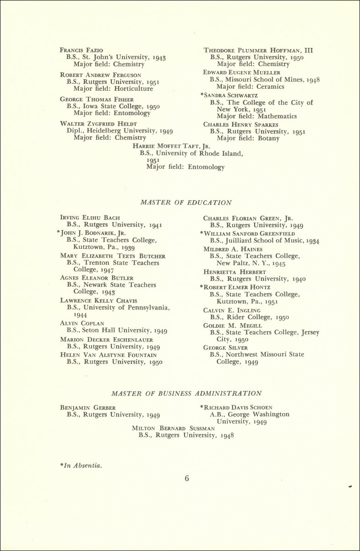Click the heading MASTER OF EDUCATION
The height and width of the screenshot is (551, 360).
[x=186, y=203]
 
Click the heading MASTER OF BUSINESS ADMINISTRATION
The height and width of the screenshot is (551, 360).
[x=186, y=393]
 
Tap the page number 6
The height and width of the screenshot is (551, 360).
[x=187, y=479]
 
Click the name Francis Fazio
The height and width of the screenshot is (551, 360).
[x=82, y=50]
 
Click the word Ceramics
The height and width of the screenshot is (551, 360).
[x=270, y=86]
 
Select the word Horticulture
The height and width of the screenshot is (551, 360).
[x=133, y=89]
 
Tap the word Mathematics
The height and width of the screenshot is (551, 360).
[x=276, y=116]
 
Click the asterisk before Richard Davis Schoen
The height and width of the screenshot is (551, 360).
[x=202, y=407]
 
